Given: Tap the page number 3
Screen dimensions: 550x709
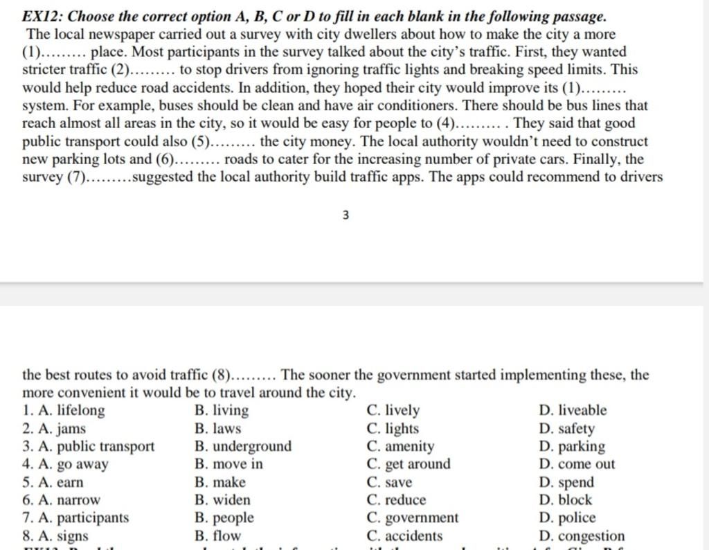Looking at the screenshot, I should coord(345,215).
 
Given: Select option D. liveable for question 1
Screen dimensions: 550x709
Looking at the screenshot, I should coord(572,410).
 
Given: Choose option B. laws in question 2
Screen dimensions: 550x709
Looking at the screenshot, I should coord(218,429).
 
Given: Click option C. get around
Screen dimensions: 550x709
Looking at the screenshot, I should coord(408,464).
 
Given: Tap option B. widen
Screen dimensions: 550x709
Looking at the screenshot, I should coord(222,499).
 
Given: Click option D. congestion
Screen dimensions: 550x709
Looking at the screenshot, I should coord(581,535).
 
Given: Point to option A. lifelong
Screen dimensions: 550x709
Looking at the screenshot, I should coord(73,410).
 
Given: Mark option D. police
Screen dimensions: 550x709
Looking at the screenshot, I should coord(566,517).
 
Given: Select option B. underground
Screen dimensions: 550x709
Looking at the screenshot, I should coord(243,446).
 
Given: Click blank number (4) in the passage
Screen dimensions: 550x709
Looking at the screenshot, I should coord(472,124).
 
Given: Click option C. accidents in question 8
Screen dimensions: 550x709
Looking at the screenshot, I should coord(404,535).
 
